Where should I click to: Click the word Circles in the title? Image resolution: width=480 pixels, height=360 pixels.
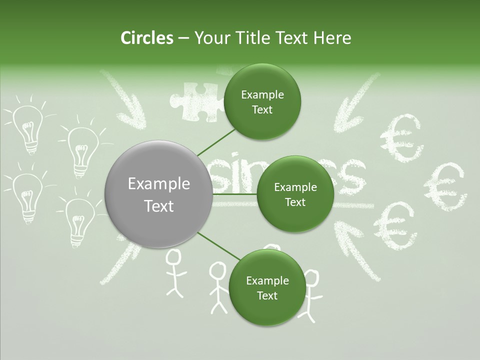click(146, 38)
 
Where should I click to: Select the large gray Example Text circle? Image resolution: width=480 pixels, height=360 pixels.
click(158, 194)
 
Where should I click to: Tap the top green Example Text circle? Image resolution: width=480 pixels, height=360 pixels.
click(262, 101)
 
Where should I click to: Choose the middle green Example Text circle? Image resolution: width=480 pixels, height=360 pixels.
click(295, 194)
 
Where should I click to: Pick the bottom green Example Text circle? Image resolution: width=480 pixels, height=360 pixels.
click(267, 287)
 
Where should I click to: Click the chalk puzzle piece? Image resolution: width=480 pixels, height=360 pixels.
click(194, 100)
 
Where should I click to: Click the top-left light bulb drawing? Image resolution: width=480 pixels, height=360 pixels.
click(27, 127)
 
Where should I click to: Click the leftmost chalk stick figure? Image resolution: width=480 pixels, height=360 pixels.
click(173, 272)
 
